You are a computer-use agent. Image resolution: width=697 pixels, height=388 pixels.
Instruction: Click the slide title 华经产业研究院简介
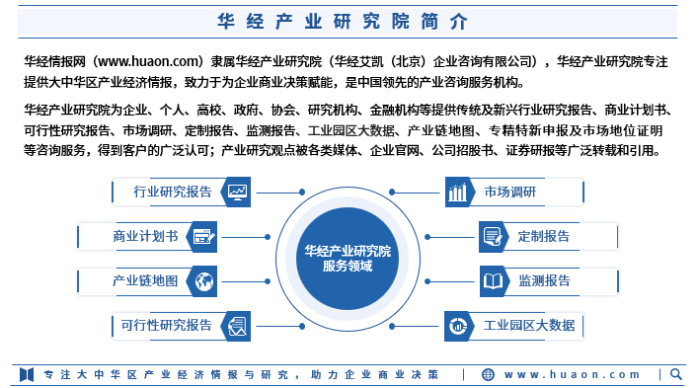(x=348, y=21)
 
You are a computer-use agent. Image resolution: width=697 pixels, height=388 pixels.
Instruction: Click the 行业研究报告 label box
(x=173, y=192)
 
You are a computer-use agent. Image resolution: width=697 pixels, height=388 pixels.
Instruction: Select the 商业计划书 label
(x=145, y=237)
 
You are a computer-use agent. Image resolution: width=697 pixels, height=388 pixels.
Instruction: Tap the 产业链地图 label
(x=145, y=281)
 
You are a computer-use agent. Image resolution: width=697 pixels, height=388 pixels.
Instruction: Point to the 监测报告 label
(x=544, y=281)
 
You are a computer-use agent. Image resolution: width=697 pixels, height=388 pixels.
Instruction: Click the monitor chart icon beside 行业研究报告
(x=238, y=192)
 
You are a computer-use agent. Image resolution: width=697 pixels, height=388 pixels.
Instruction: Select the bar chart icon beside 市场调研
(x=457, y=192)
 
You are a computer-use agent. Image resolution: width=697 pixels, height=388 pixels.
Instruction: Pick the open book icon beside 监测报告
(x=492, y=281)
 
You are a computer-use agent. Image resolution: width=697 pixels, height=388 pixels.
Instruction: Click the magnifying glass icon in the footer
(x=676, y=374)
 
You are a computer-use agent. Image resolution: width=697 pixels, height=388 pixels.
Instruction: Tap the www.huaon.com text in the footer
(x=573, y=375)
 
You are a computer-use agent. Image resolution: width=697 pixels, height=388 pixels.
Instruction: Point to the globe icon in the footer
(x=490, y=375)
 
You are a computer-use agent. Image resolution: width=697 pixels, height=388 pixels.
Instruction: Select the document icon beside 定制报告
(x=492, y=237)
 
